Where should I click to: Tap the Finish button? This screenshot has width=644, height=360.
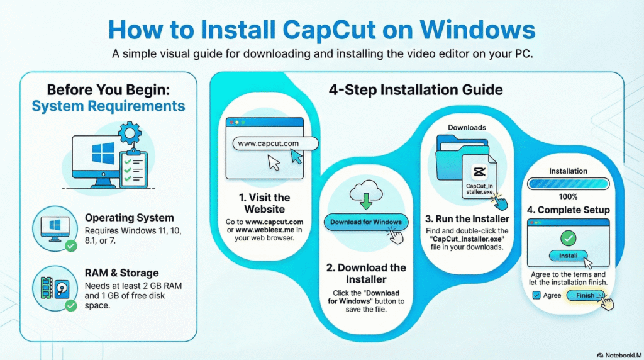585,295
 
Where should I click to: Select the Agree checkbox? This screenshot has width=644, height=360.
536,295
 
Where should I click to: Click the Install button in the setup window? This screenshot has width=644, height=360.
568,256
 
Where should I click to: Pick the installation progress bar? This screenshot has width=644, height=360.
568,183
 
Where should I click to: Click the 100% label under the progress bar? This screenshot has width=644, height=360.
568,197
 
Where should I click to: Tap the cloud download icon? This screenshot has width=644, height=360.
365,191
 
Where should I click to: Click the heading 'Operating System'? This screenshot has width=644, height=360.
121,218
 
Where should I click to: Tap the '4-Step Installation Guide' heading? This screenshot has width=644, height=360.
416,89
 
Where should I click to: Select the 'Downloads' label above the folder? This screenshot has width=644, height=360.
467,127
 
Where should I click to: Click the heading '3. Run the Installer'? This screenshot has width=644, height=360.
467,219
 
